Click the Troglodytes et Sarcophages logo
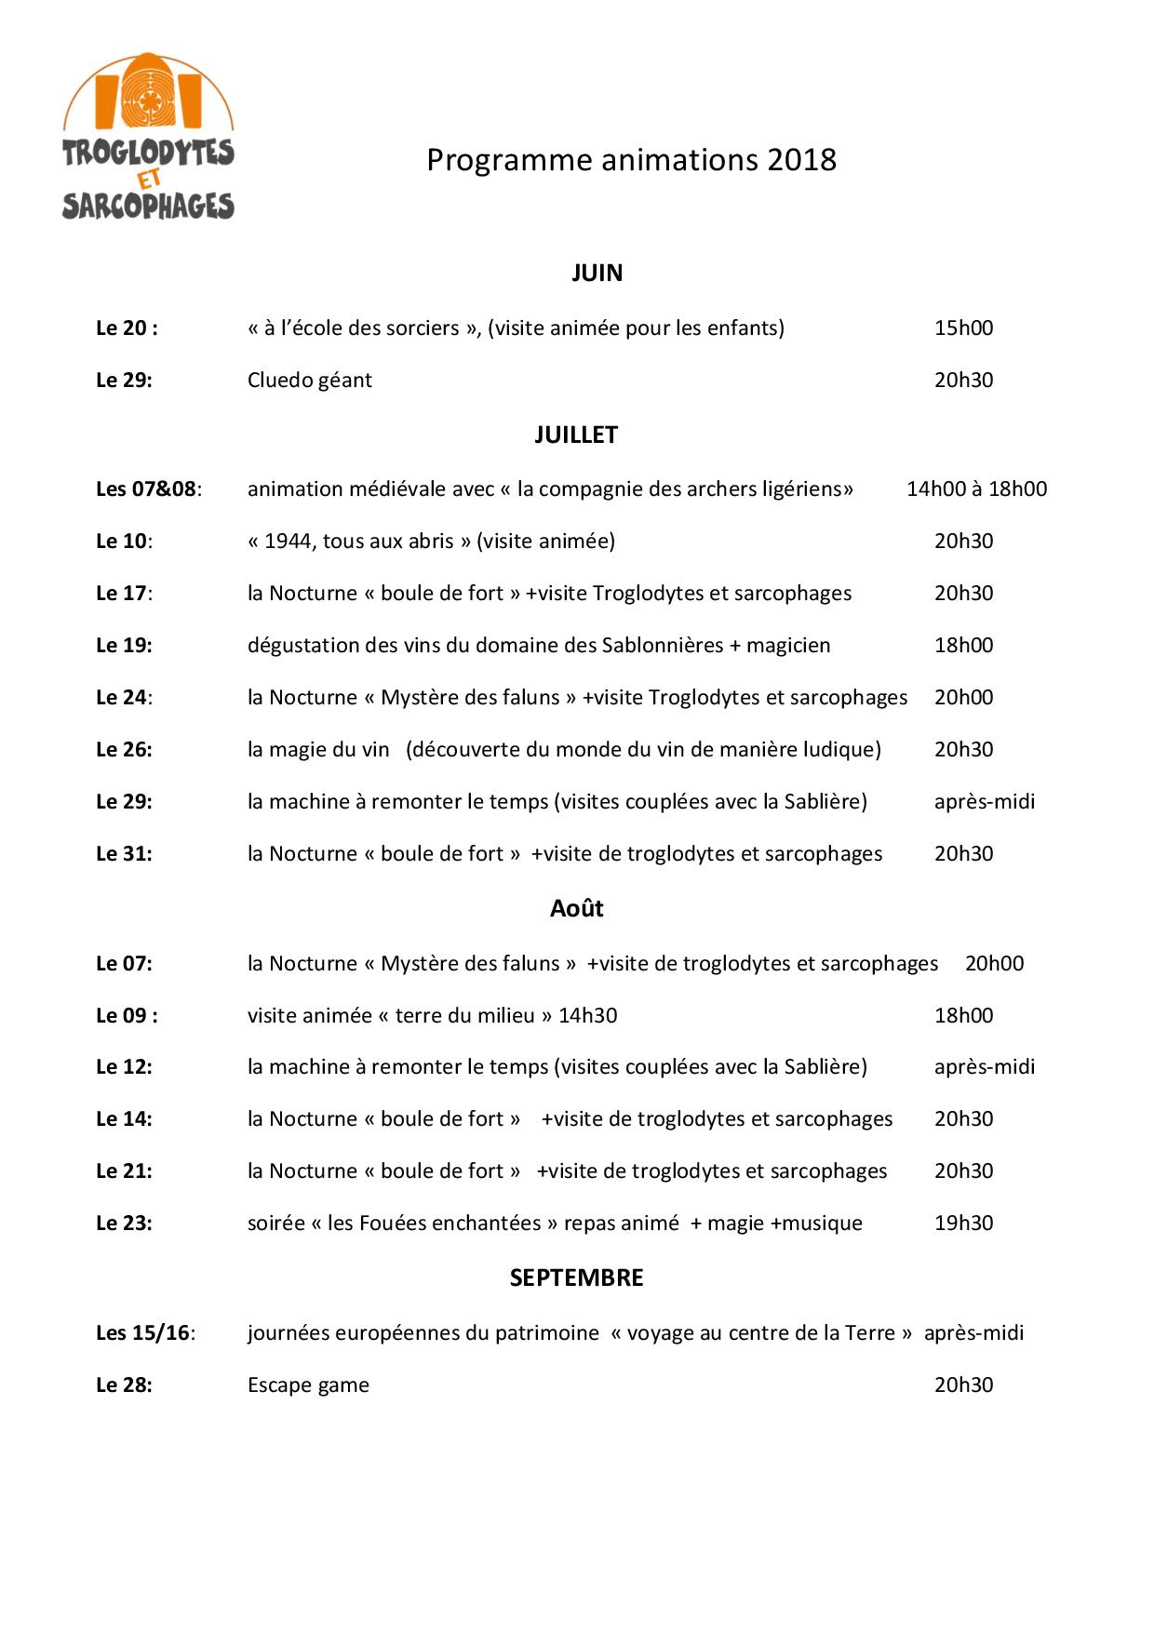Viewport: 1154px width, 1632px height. pos(148,137)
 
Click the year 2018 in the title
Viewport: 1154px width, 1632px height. pos(801,160)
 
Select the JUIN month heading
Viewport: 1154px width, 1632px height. pos(597,273)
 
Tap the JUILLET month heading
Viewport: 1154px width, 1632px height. pos(576,435)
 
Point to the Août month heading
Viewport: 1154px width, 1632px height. pos(576,908)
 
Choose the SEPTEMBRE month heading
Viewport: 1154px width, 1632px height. pos(576,1278)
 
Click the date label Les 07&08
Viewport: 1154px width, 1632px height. pos(147,488)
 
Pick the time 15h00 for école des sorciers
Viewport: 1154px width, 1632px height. pos(963,328)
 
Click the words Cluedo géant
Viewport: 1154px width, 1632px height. pos(309,380)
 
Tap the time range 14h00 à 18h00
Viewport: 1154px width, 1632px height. pos(976,488)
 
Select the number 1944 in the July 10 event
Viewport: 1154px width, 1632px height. pos(288,541)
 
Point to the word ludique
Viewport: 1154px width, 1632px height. pos(840,749)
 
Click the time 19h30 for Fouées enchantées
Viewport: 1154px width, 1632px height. pos(963,1223)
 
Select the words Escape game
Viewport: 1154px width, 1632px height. pos(308,1385)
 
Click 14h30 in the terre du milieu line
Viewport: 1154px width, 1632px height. pos(587,1015)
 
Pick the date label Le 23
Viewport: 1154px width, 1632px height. pos(124,1223)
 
